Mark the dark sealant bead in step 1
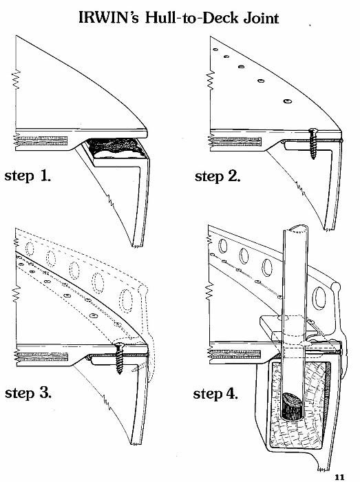pos(114,146)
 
